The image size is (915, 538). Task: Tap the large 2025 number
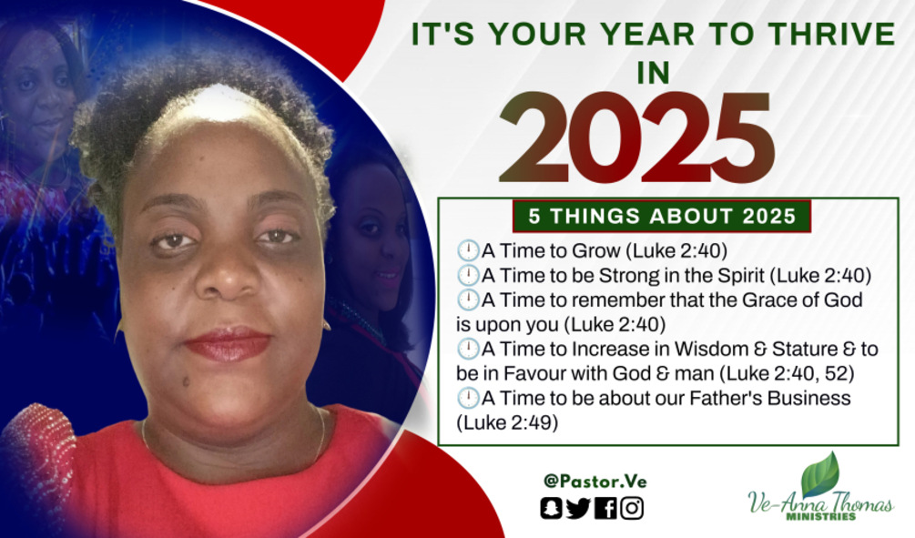(637, 137)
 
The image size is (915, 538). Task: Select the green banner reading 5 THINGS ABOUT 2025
(662, 216)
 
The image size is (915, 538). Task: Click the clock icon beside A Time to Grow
(467, 251)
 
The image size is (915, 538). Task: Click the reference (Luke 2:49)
(507, 422)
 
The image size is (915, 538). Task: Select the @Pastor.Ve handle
(595, 482)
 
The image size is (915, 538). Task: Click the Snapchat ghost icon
(551, 508)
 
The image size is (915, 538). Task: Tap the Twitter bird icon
(578, 508)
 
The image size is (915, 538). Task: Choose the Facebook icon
(605, 508)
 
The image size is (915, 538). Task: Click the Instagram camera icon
(632, 508)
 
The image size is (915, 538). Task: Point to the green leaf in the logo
(820, 473)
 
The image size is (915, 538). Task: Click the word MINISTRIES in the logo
(821, 516)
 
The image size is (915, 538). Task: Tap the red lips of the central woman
(229, 344)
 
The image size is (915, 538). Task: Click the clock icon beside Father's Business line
(467, 398)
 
